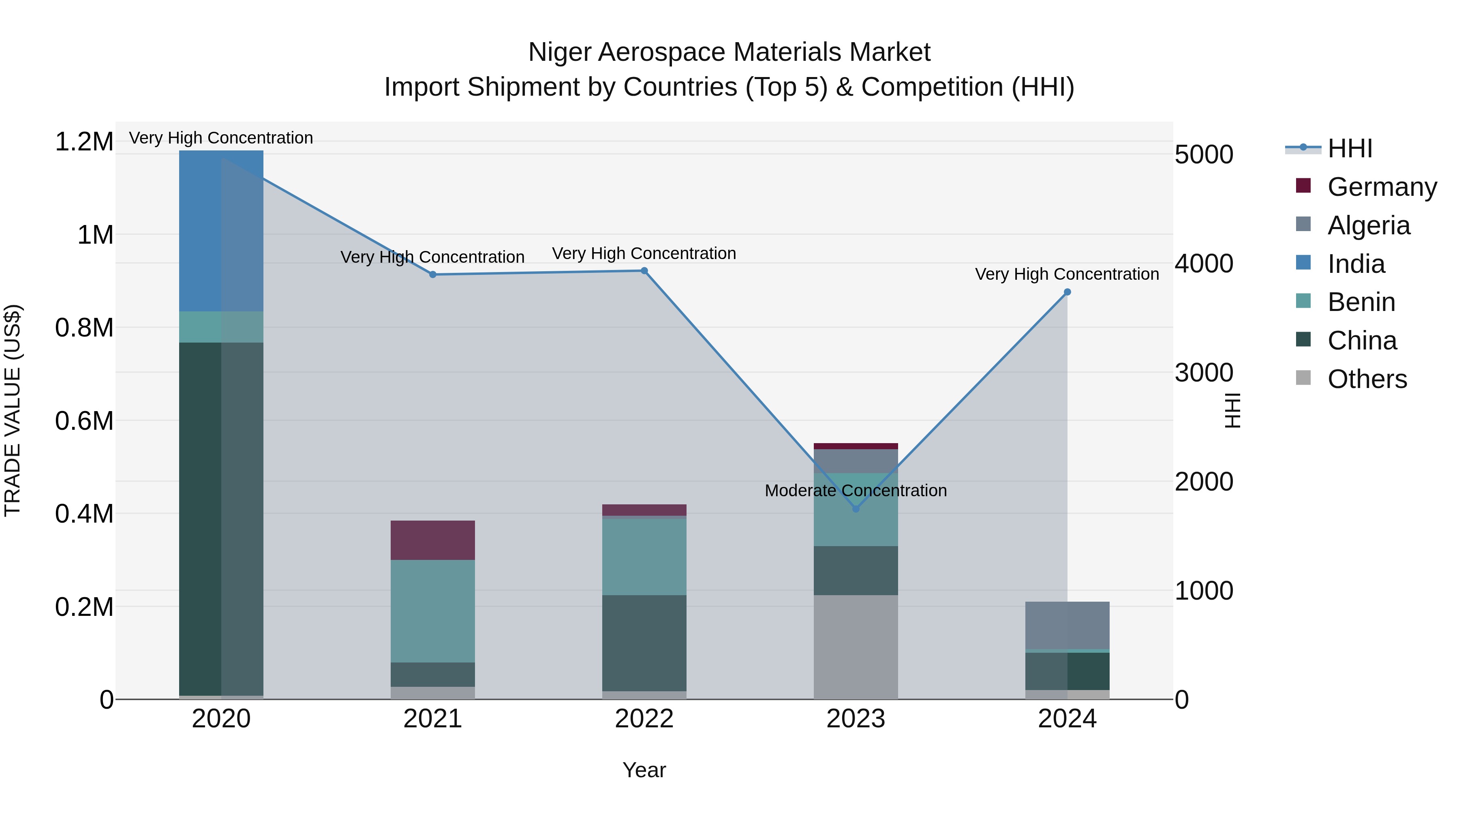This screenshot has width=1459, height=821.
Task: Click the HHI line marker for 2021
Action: pyautogui.click(x=433, y=274)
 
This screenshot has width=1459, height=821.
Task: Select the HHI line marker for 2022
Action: pyautogui.click(x=644, y=271)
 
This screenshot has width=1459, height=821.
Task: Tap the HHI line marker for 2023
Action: pyautogui.click(x=856, y=509)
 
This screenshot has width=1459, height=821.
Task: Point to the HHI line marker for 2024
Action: pyautogui.click(x=1067, y=292)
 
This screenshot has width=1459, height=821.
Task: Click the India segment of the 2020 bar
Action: pyautogui.click(x=221, y=231)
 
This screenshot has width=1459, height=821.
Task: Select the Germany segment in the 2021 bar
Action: pyautogui.click(x=433, y=540)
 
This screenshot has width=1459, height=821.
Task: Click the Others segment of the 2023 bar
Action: pyautogui.click(x=856, y=647)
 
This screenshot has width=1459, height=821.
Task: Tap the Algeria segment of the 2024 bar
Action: pyautogui.click(x=1067, y=625)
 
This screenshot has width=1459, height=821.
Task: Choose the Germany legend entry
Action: pyautogui.click(x=1382, y=187)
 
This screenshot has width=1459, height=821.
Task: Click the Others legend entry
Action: pyautogui.click(x=1367, y=379)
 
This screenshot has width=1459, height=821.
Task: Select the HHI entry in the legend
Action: pyautogui.click(x=1350, y=148)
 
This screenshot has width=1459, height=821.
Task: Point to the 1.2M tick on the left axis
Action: pyautogui.click(x=84, y=141)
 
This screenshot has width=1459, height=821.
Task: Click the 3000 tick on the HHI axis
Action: pyautogui.click(x=1204, y=373)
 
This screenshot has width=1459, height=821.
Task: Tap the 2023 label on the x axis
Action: pyautogui.click(x=856, y=718)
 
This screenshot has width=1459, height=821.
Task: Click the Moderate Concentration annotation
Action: pyautogui.click(x=856, y=490)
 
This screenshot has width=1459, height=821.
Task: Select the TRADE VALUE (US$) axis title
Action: pyautogui.click(x=13, y=410)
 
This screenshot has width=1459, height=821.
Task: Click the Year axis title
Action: pyautogui.click(x=644, y=770)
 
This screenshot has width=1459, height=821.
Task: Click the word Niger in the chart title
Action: pyautogui.click(x=559, y=52)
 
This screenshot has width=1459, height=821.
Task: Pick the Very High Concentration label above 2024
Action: pyautogui.click(x=1067, y=274)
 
